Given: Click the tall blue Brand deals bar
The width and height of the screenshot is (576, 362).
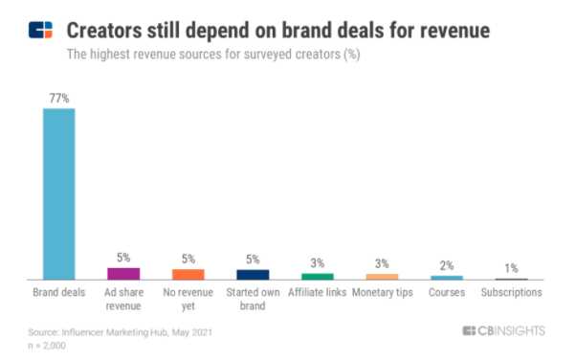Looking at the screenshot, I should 58,192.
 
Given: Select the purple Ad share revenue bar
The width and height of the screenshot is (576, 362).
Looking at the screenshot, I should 123,273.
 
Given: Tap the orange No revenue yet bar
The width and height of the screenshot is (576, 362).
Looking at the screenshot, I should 188,274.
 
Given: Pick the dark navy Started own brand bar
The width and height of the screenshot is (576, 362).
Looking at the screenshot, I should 254,274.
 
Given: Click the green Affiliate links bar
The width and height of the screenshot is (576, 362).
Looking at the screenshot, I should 318,276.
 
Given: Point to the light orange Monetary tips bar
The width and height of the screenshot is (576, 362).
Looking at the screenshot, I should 383,276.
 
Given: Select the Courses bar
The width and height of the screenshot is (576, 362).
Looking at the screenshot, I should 447,277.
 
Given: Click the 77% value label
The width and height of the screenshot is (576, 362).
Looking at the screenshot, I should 58,99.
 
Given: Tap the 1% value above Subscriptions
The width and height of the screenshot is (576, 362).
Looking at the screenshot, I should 512,267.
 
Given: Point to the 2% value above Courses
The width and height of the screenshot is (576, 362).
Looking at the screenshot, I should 447,265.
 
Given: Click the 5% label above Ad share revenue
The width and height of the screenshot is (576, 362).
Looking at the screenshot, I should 123,258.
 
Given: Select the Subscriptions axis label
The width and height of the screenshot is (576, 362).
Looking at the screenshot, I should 512,292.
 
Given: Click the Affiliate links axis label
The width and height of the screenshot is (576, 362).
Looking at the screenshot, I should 318,292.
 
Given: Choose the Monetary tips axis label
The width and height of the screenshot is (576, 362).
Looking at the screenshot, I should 383,292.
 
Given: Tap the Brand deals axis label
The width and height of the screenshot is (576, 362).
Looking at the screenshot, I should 58,292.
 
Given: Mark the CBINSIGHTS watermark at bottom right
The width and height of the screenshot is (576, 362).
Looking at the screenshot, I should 503,330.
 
